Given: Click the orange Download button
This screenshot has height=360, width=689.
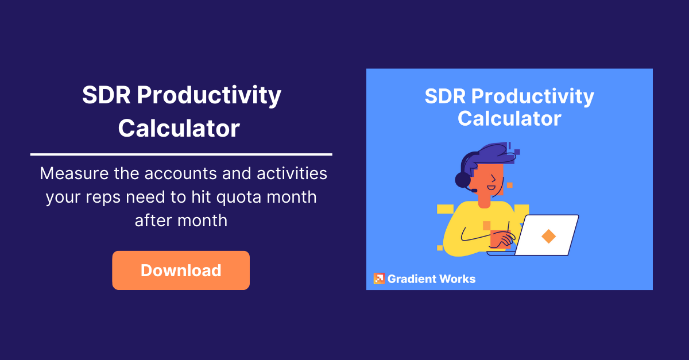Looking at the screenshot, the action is pyautogui.click(x=181, y=270).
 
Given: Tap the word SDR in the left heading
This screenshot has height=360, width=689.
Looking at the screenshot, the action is pyautogui.click(x=106, y=95).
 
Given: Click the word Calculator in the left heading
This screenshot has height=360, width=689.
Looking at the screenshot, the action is pyautogui.click(x=179, y=128).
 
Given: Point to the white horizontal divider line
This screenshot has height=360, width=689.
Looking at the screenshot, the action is pyautogui.click(x=181, y=154).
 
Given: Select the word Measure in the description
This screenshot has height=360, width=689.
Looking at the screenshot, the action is pyautogui.click(x=74, y=173).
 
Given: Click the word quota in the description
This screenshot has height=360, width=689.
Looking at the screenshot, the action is pyautogui.click(x=238, y=198).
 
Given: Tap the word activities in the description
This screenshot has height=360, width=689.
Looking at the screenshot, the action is pyautogui.click(x=292, y=173).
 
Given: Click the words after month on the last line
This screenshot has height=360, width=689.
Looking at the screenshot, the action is pyautogui.click(x=181, y=220).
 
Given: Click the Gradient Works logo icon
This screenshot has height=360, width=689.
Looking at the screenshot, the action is pyautogui.click(x=380, y=278).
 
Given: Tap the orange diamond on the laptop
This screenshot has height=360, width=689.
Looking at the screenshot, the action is pyautogui.click(x=548, y=237).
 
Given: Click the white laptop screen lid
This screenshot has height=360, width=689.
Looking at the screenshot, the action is pyautogui.click(x=547, y=235).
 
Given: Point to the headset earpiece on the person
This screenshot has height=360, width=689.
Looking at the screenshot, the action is pyautogui.click(x=463, y=180).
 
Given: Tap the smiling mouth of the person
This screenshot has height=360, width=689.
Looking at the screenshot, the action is pyautogui.click(x=491, y=188).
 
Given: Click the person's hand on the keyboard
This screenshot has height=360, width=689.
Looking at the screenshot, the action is pyautogui.click(x=506, y=238).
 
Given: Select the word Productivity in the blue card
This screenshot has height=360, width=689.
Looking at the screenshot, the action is pyautogui.click(x=532, y=96).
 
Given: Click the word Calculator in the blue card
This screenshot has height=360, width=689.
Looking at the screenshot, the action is pyautogui.click(x=509, y=119).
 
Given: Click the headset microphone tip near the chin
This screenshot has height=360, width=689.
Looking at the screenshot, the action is pyautogui.click(x=474, y=191).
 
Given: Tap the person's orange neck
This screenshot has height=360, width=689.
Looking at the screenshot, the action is pyautogui.click(x=484, y=202).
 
